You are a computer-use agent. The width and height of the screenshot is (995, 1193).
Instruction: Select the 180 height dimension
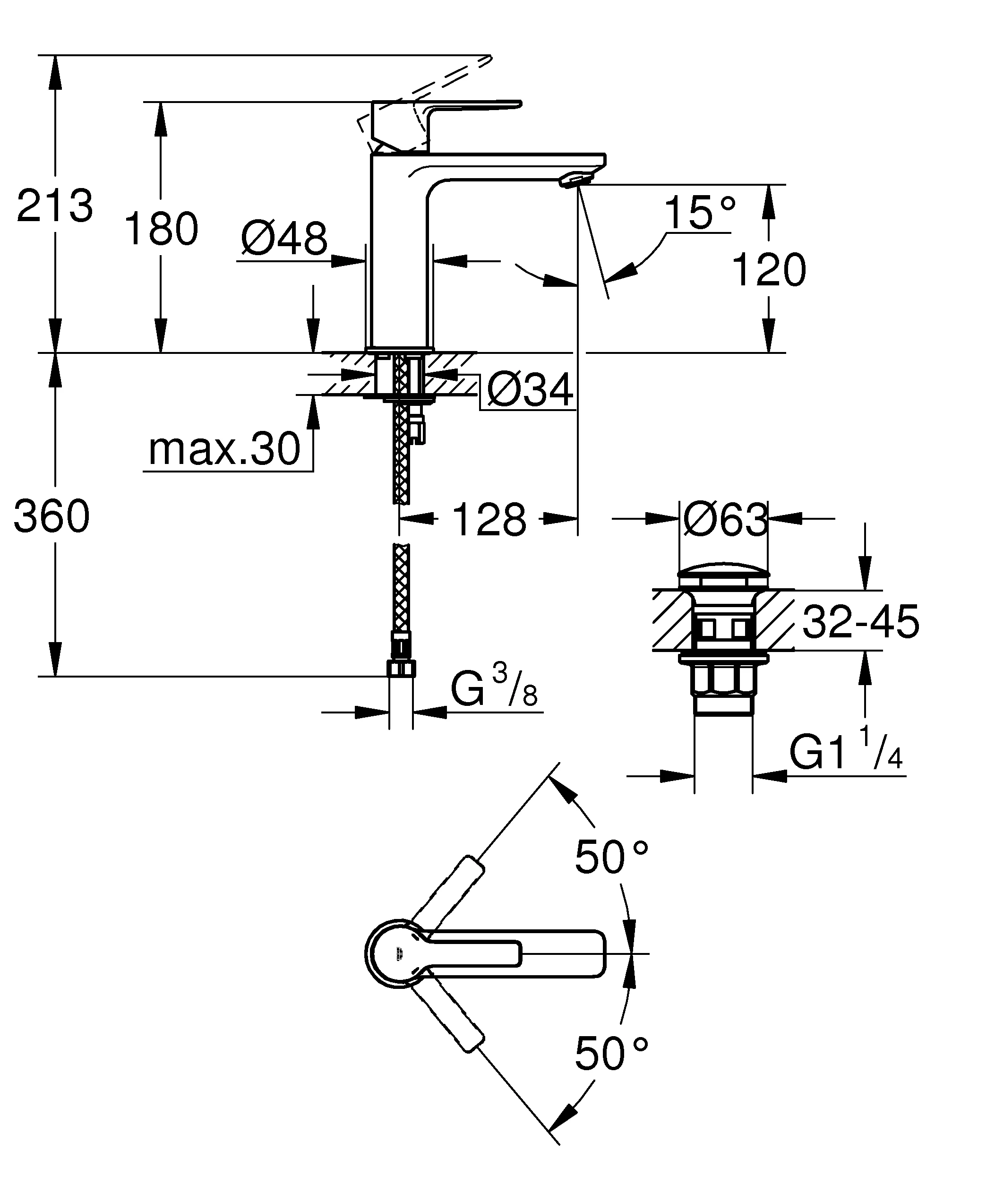161,229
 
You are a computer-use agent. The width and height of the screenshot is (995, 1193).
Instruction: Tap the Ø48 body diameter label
284,239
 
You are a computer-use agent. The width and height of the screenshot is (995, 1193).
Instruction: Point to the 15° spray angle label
700,213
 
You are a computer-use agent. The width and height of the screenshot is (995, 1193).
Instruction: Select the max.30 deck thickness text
224,449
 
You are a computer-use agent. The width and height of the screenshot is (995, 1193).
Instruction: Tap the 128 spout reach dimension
489,520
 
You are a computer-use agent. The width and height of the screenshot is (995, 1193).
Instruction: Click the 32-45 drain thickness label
860,621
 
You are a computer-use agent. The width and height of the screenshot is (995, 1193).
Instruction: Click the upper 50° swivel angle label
611,857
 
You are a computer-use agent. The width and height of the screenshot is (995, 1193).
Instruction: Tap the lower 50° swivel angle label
611,1053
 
